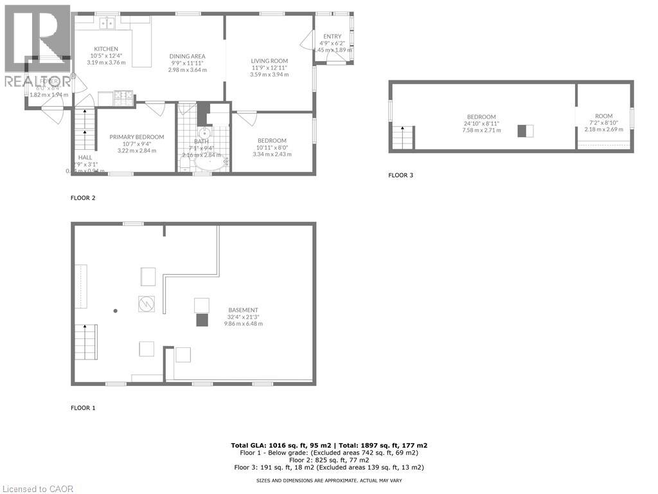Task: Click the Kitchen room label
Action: [106, 49]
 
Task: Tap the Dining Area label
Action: [188, 56]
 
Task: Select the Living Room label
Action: [269, 61]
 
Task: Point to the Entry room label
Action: [332, 36]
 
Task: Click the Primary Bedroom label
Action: [136, 137]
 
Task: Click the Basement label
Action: [243, 310]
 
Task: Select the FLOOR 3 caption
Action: [400, 175]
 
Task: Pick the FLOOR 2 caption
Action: [83, 198]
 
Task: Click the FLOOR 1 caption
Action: [83, 408]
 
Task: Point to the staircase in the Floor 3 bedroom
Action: [403, 138]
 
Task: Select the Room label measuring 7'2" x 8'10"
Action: [603, 116]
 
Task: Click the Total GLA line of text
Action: [329, 445]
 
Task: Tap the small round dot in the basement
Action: [116, 311]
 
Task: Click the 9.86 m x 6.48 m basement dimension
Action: [243, 324]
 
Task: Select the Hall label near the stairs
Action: [85, 157]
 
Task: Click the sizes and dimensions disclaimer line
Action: [329, 480]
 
